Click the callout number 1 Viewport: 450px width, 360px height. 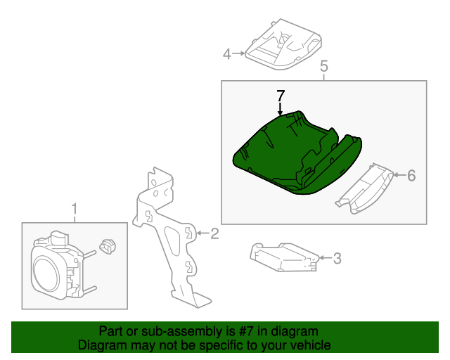(x=75, y=209)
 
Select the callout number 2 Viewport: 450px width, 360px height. (x=214, y=233)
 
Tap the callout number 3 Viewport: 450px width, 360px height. (x=337, y=258)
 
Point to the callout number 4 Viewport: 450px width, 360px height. (x=227, y=54)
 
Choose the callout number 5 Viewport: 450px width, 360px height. (x=323, y=66)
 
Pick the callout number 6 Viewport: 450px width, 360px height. (x=411, y=175)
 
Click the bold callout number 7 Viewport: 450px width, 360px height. (x=281, y=96)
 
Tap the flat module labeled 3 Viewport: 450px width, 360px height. (x=284, y=257)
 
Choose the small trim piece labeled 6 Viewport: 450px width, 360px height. (x=364, y=188)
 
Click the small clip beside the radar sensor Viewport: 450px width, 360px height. (x=108, y=246)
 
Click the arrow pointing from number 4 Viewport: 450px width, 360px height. (x=239, y=53)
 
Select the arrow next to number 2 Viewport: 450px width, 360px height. (x=203, y=233)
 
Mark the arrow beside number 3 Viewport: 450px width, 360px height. (x=325, y=258)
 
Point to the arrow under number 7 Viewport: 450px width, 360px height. (x=280, y=109)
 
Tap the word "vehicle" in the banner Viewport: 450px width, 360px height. (x=313, y=345)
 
